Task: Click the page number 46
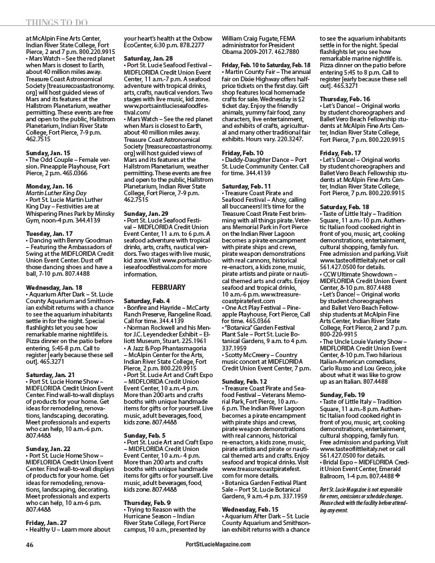click(x=29, y=545)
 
